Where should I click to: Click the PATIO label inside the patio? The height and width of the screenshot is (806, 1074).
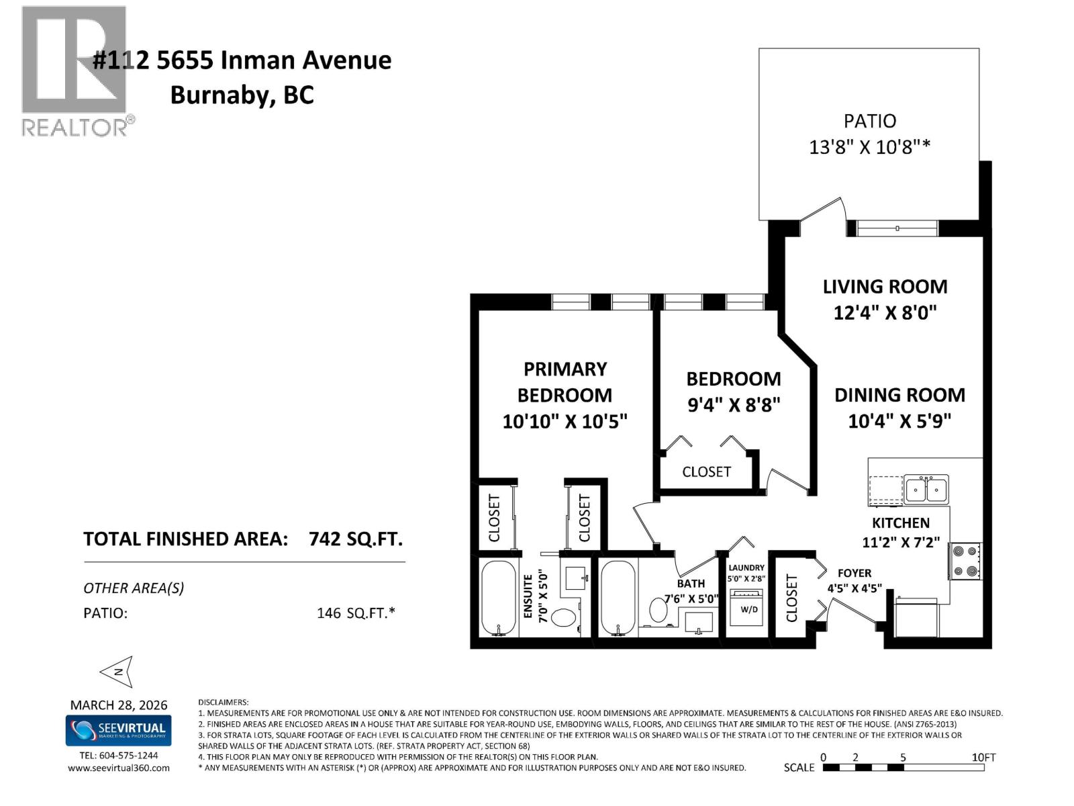[x=869, y=121]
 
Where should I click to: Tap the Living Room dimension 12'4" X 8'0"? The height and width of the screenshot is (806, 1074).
[x=885, y=312]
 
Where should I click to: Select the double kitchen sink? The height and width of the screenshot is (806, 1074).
[x=926, y=489]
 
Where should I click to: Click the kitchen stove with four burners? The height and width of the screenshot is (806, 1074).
[x=965, y=561]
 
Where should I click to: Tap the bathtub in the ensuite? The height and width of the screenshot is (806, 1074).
[x=499, y=598]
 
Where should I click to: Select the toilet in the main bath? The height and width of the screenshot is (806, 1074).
[x=658, y=610]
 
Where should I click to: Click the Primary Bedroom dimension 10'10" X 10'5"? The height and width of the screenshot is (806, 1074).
[x=565, y=421]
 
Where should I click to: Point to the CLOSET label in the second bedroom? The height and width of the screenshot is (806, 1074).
[x=706, y=472]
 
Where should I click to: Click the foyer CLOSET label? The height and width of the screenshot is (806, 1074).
[x=791, y=598]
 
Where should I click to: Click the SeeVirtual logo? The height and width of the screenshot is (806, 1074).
[x=118, y=730]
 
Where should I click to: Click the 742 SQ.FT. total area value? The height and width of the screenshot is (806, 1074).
[x=355, y=539]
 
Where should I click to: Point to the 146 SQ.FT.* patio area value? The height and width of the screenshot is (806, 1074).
[x=356, y=613]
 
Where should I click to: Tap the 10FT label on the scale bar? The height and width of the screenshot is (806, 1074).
[x=983, y=757]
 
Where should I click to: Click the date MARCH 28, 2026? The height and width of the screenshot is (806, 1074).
[x=119, y=705]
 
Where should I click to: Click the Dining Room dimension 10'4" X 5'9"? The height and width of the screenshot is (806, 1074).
[x=899, y=421]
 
